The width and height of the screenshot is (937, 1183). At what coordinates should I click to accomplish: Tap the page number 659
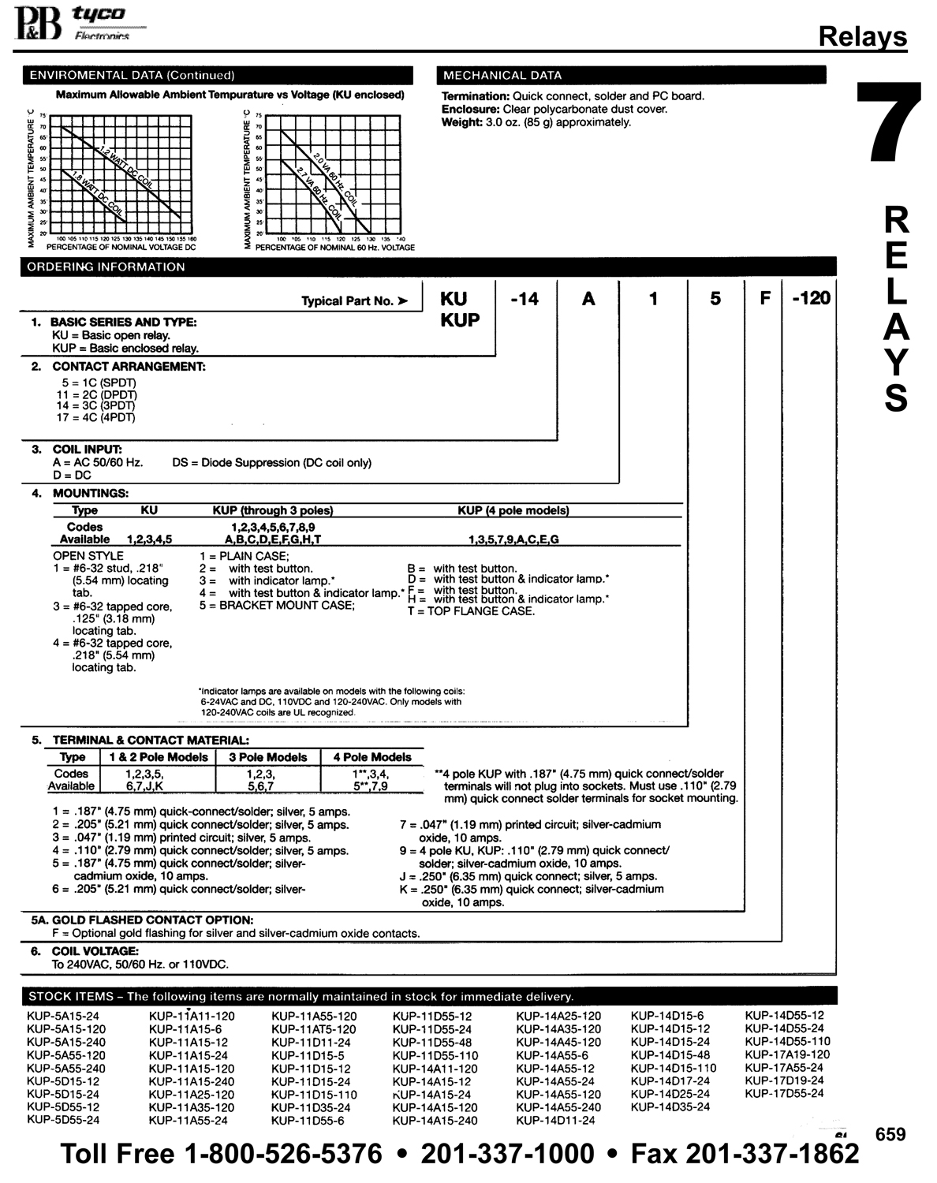890,1134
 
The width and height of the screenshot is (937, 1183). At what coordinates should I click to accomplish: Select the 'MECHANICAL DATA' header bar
631,76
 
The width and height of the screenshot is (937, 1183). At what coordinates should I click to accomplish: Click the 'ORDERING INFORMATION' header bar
426,267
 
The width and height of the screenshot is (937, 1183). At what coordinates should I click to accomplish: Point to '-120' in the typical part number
810,299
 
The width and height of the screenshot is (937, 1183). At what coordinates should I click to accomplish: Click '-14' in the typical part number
524,299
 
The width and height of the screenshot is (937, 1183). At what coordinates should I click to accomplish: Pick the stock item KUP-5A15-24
63,1016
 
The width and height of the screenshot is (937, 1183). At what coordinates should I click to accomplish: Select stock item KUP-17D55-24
784,1093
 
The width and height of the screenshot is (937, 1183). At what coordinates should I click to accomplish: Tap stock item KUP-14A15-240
435,1120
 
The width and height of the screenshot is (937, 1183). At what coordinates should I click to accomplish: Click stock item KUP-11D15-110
314,1095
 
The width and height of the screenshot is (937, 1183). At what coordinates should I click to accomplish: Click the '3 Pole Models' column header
267,757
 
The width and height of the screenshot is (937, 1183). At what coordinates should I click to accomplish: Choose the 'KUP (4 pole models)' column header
513,510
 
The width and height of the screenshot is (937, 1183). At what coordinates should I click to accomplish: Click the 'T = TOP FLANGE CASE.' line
471,611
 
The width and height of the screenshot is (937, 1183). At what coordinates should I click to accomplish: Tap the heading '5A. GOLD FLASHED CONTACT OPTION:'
142,920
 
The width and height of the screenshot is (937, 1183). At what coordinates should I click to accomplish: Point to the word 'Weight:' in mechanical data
461,122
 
